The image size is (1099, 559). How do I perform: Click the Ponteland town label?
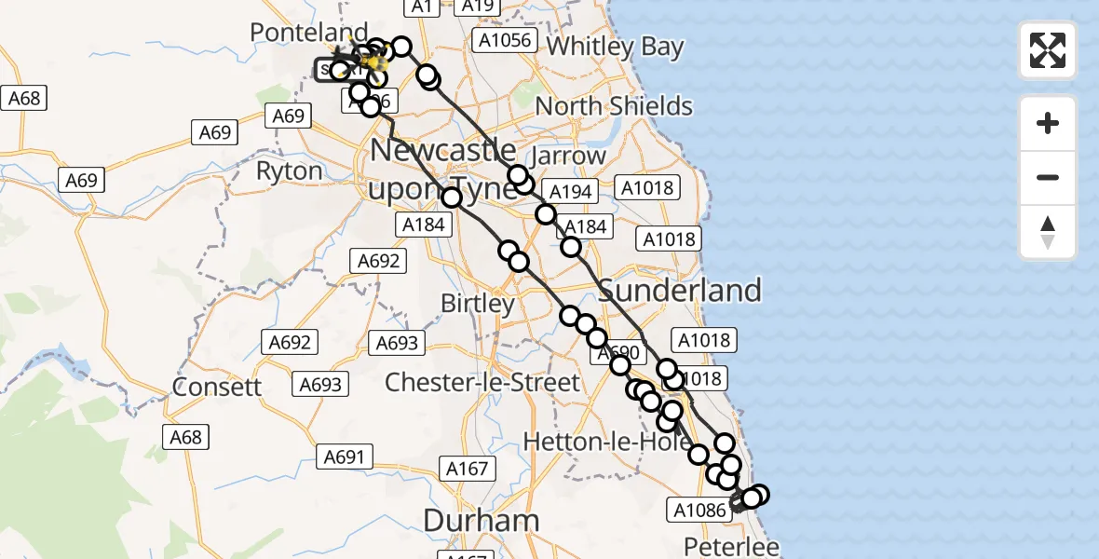click(295, 33)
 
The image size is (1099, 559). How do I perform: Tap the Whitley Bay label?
click(615, 47)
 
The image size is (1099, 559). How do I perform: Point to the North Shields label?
click(614, 106)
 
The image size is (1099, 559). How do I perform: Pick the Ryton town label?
click(289, 171)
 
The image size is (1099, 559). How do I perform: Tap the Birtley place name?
click(477, 305)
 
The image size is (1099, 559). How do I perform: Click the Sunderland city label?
click(680, 291)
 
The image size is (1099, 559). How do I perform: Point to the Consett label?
click(218, 386)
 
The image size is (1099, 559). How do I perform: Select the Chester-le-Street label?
click(482, 381)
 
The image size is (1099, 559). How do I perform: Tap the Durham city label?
click(482, 520)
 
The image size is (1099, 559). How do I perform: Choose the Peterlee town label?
click(731, 546)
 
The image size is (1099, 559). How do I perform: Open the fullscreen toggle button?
click(1048, 50)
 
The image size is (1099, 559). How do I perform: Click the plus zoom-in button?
click(1048, 123)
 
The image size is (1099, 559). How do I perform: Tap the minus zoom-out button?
click(1048, 177)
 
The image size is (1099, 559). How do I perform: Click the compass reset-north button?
click(1048, 232)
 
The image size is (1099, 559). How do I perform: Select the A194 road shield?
click(571, 192)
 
